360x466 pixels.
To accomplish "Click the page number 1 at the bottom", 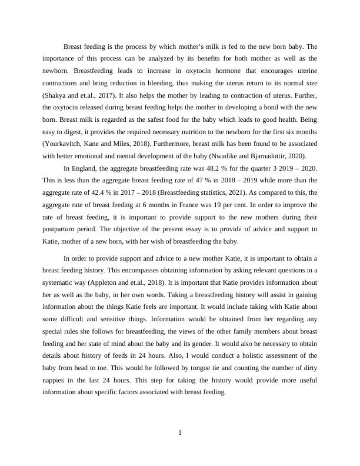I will coord(180,433).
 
